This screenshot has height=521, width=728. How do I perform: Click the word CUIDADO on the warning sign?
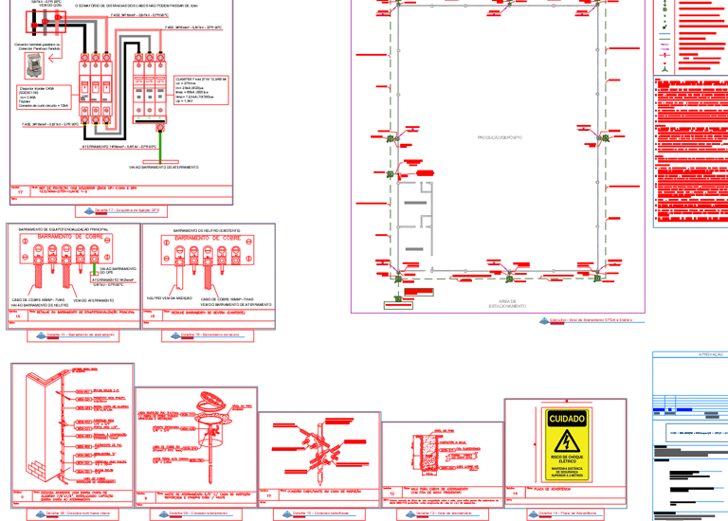click(565, 418)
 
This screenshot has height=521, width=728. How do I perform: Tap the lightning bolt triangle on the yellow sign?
click(565, 440)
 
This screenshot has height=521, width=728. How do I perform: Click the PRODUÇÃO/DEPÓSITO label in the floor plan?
click(499, 137)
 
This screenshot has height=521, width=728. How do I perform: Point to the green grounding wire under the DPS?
click(163, 142)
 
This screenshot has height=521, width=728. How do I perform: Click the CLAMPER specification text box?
click(201, 88)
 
